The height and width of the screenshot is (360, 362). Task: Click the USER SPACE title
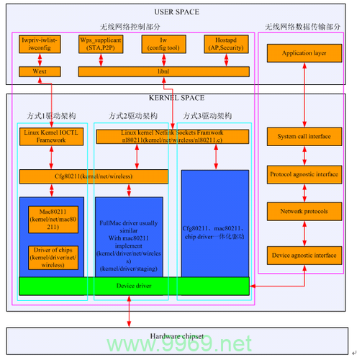(177, 12)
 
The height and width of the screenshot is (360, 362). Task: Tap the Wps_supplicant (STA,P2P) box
(100, 45)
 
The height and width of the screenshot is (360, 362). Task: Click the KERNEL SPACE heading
(177, 98)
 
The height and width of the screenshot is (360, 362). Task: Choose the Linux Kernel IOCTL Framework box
(52, 137)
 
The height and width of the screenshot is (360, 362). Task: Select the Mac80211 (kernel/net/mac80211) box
(52, 218)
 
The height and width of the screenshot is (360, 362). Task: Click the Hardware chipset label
(177, 336)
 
